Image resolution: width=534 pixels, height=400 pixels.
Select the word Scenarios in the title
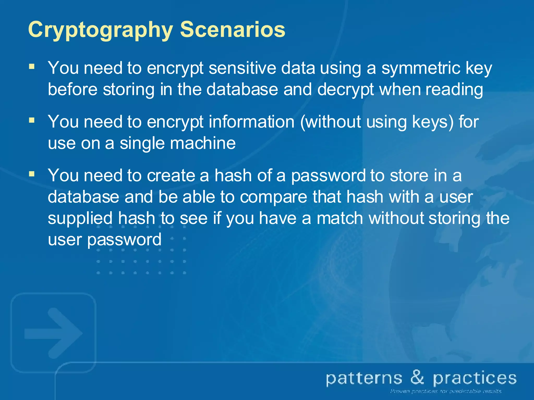pos(233,29)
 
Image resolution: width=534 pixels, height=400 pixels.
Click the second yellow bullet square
pos(32,120)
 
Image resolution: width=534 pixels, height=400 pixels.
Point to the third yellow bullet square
pos(32,174)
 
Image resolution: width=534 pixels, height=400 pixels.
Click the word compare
pos(274,197)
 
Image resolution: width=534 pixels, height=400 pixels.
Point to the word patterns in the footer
pos(364,379)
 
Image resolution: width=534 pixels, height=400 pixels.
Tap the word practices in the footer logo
pos(475,379)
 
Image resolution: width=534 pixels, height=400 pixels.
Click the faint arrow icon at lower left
pos(53,333)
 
